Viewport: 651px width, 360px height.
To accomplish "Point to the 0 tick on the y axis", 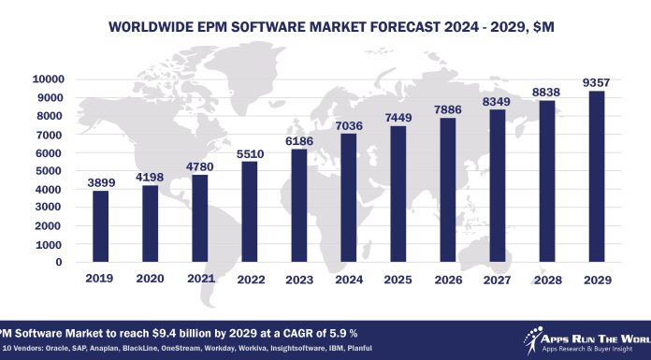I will click(57, 263).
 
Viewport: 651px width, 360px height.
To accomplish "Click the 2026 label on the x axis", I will click(448, 279).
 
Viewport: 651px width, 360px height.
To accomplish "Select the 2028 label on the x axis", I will click(546, 279).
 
